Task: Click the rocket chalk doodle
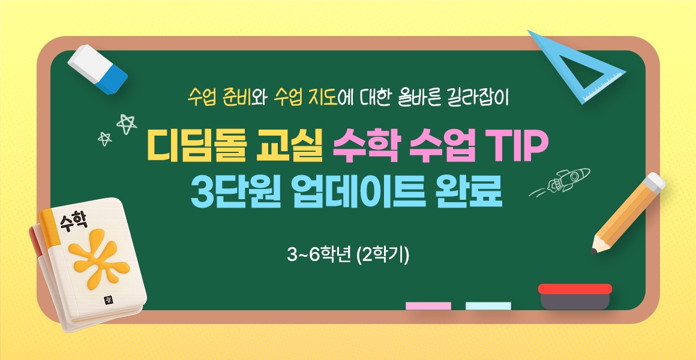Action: (x=560, y=182)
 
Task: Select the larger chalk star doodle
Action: (x=127, y=124)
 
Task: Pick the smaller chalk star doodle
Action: (x=105, y=139)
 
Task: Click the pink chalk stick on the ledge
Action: (x=428, y=306)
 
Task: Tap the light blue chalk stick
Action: (x=488, y=306)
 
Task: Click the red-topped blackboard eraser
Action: (x=575, y=296)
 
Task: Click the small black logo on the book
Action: (x=107, y=300)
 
